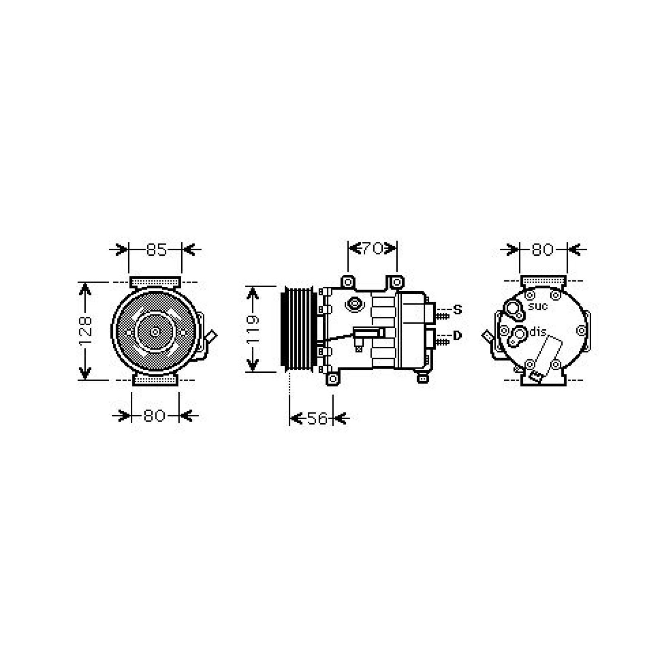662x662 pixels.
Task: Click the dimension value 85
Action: (x=156, y=250)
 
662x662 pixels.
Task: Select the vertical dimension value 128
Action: (x=85, y=331)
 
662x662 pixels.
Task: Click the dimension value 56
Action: (x=317, y=418)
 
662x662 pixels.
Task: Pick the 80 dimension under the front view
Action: (x=154, y=415)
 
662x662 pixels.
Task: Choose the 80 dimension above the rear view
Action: (x=542, y=249)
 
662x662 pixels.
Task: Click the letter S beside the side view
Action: (x=457, y=309)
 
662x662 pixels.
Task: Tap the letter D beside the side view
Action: (x=457, y=335)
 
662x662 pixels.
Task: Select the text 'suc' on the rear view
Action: (x=538, y=306)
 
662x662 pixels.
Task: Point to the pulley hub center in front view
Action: (x=155, y=331)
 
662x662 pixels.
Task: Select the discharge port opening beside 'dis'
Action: (x=519, y=333)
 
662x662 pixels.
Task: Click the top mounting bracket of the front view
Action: (x=155, y=282)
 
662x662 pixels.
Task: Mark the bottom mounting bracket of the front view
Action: (x=155, y=379)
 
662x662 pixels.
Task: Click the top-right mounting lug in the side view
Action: (x=396, y=282)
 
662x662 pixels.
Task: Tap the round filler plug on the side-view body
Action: (x=355, y=305)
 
